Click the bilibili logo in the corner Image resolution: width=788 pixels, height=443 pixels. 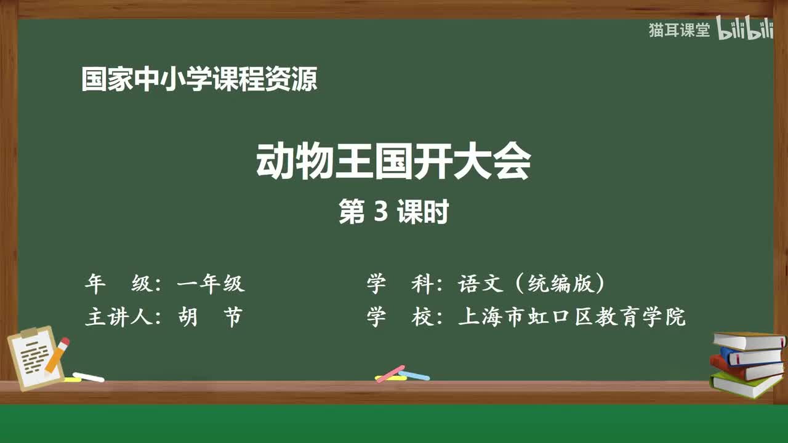[745, 30]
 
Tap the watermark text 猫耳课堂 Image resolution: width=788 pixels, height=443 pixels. [679, 30]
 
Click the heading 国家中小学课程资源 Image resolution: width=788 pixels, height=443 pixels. [199, 79]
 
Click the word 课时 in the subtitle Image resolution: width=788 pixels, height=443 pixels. [422, 212]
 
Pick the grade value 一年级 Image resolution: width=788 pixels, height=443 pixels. [211, 284]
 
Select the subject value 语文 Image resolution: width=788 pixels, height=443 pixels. [478, 284]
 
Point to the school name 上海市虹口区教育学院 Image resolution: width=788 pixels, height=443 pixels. [571, 317]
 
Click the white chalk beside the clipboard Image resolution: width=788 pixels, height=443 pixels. [89, 376]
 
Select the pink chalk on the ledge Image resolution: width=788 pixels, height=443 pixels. [390, 373]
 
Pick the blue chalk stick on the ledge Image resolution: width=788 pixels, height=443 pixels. [415, 375]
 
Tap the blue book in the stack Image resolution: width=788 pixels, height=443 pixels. [750, 356]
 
